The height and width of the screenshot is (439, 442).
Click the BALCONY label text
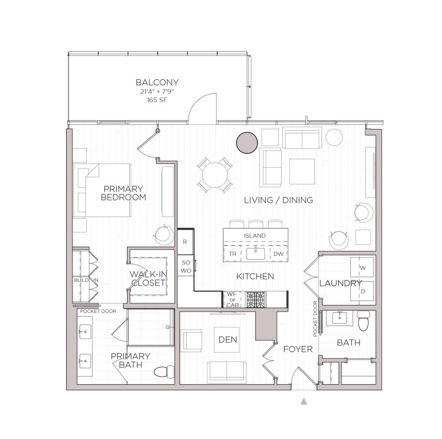click(x=160, y=82)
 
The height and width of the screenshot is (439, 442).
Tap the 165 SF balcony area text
click(x=160, y=101)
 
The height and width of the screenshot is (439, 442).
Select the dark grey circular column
click(x=246, y=143)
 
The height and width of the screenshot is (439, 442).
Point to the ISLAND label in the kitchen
click(x=255, y=236)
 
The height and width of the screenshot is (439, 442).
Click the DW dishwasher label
click(x=278, y=254)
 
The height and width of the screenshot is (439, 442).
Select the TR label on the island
click(x=232, y=254)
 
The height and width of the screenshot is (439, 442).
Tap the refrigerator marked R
click(x=186, y=242)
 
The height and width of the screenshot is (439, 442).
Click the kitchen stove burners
click(x=255, y=299)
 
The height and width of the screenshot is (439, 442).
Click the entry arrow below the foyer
click(x=303, y=402)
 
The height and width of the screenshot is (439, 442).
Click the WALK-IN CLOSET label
click(x=148, y=278)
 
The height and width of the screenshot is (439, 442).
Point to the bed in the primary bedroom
click(x=103, y=190)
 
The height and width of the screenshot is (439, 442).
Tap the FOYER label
click(x=298, y=349)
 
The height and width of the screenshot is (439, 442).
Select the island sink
click(x=255, y=254)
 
